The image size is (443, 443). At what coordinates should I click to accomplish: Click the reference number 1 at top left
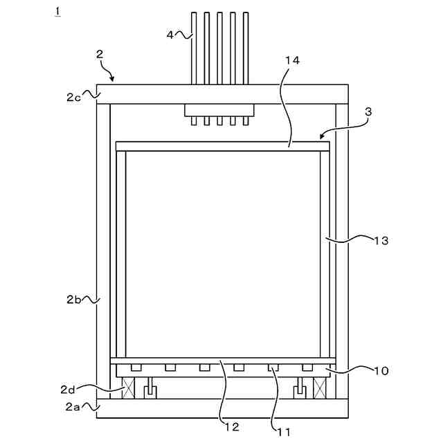coord(57,12)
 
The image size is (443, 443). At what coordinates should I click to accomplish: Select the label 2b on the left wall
coord(74,299)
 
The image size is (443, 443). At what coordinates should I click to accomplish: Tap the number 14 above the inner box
coord(292,61)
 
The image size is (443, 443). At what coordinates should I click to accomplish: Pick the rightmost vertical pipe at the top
coord(245,48)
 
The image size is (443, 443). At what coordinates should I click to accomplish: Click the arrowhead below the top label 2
coord(114,79)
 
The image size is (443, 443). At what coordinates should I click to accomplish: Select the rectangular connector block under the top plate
coord(219,110)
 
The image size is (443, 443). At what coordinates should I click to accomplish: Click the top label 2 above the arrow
coord(100,53)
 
